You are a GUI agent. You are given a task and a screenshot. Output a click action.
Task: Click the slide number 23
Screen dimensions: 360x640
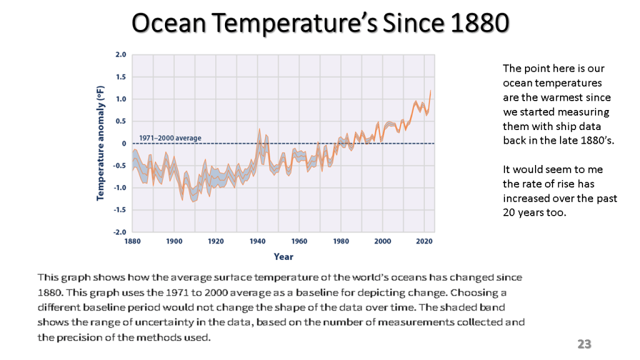pyautogui.click(x=584, y=344)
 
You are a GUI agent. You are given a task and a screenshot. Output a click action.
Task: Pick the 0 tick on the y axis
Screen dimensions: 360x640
pyautogui.click(x=124, y=144)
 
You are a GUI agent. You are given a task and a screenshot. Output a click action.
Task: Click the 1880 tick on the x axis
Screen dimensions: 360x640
pyautogui.click(x=132, y=241)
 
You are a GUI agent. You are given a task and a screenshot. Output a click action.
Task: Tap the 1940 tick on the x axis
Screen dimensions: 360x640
pyautogui.click(x=257, y=241)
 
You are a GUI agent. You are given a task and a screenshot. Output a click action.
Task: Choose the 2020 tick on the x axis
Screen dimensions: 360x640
pyautogui.click(x=424, y=241)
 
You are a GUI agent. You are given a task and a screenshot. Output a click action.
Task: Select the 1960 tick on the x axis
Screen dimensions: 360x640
pyautogui.click(x=299, y=241)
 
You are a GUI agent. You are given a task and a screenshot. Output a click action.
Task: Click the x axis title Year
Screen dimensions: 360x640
pyautogui.click(x=283, y=256)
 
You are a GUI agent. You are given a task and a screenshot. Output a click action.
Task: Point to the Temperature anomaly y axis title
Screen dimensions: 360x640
pyautogui.click(x=101, y=143)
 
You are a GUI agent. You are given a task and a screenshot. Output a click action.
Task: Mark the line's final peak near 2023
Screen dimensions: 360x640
pyautogui.click(x=431, y=91)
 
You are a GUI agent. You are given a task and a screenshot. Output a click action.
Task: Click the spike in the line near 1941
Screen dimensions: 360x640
pyautogui.click(x=259, y=130)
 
